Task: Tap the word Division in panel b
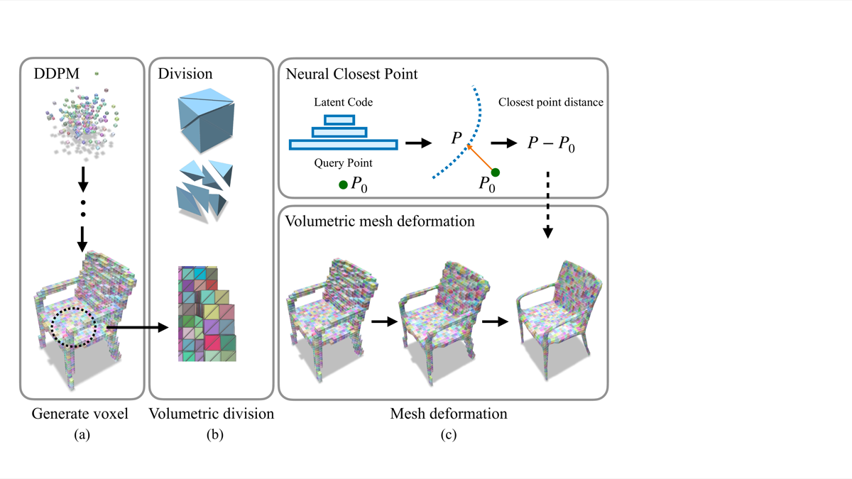[185, 73]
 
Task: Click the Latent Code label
[344, 103]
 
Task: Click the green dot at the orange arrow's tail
[496, 172]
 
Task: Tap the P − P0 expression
[551, 144]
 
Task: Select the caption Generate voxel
[80, 413]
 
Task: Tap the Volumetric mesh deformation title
[380, 221]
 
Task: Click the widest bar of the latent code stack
[344, 145]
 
